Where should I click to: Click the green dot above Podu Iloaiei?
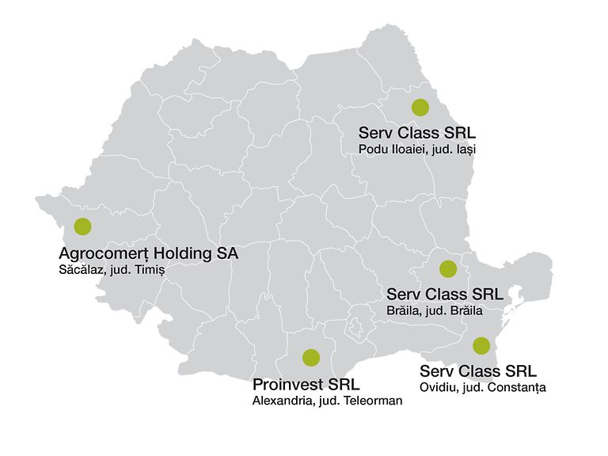(420, 108)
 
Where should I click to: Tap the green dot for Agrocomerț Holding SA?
(82, 226)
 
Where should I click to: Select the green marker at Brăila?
(448, 268)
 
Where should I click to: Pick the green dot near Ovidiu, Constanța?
(481, 345)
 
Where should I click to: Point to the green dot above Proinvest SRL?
(310, 357)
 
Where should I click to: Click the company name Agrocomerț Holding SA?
(148, 253)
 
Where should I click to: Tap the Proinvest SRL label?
(306, 385)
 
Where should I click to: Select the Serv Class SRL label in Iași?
(416, 132)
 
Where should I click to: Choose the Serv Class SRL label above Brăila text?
(445, 294)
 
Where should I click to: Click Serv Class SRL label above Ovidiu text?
(477, 371)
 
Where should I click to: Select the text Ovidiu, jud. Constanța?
(483, 388)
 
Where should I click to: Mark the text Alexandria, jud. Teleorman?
(327, 401)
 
